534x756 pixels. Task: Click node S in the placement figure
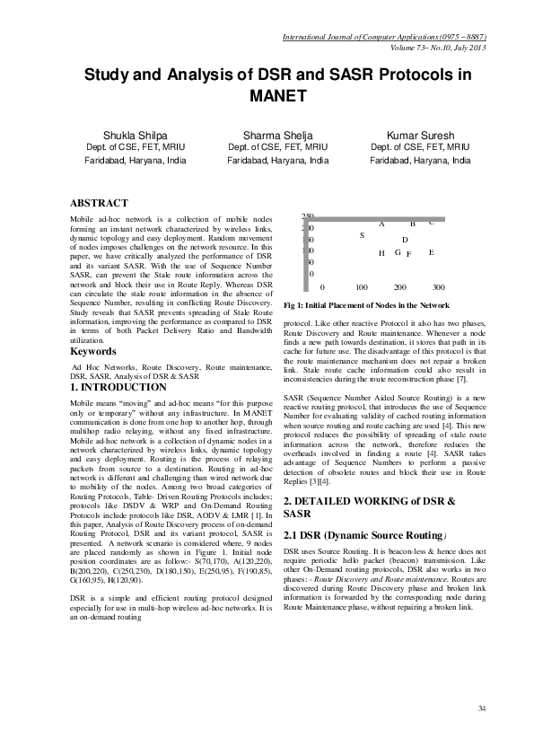click(362, 235)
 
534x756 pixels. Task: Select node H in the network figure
click(381, 253)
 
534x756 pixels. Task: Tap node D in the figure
click(405, 240)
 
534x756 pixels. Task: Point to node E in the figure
click(432, 252)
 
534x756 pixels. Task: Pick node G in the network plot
click(398, 252)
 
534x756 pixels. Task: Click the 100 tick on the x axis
click(362, 287)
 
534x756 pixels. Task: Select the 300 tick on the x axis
click(439, 287)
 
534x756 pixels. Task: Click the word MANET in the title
click(278, 96)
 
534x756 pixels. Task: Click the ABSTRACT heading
click(99, 203)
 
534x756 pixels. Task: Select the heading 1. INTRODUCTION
click(118, 387)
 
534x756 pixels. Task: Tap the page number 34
click(482, 709)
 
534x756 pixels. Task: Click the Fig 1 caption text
click(360, 305)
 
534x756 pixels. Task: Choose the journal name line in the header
click(384, 37)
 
